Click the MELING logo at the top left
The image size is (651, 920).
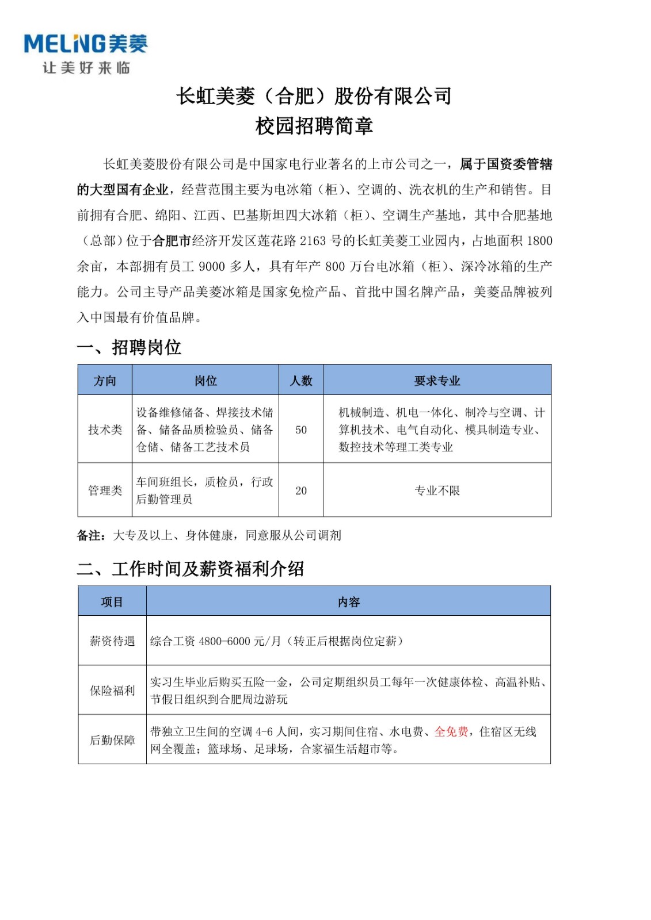(x=85, y=44)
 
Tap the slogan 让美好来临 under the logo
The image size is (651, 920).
(x=86, y=68)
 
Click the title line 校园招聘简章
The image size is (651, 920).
(x=314, y=126)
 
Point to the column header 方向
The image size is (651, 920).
(x=105, y=381)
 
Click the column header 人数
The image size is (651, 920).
(x=301, y=381)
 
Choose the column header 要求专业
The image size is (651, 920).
(x=437, y=381)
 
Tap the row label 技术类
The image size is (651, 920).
(x=105, y=430)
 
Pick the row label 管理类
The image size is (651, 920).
(x=105, y=490)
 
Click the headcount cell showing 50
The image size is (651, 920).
(x=301, y=430)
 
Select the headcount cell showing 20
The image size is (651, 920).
(x=301, y=491)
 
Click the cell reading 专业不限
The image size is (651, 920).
(x=437, y=490)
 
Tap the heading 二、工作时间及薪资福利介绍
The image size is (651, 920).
(x=190, y=569)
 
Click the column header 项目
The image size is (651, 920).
(x=112, y=602)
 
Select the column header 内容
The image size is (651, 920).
(x=348, y=602)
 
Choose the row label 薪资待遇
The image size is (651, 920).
(x=112, y=641)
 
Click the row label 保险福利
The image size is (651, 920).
(x=112, y=691)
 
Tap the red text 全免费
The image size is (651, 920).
(x=451, y=732)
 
